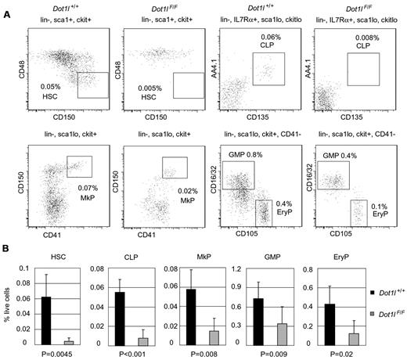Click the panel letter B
6,252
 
